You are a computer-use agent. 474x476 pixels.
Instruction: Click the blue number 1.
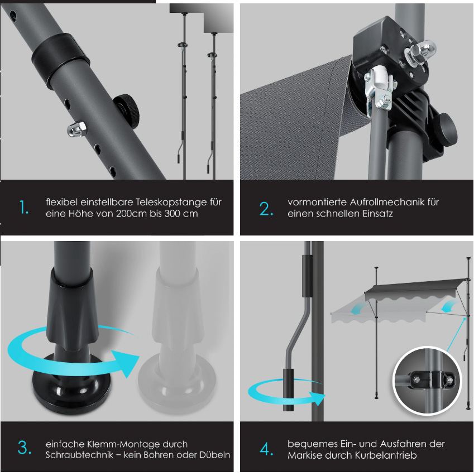pos(23,208)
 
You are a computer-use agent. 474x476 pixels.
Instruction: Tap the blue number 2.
pos(266,209)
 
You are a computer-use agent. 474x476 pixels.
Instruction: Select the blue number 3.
pos(25,448)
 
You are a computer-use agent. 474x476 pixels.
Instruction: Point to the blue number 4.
pos(266,449)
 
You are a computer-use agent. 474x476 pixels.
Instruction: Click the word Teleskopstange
pos(171,202)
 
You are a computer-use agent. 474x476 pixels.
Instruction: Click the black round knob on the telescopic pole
pos(127,110)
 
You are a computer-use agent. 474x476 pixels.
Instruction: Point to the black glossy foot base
pos(72,383)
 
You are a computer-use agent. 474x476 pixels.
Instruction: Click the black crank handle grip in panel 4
pos(289,391)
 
